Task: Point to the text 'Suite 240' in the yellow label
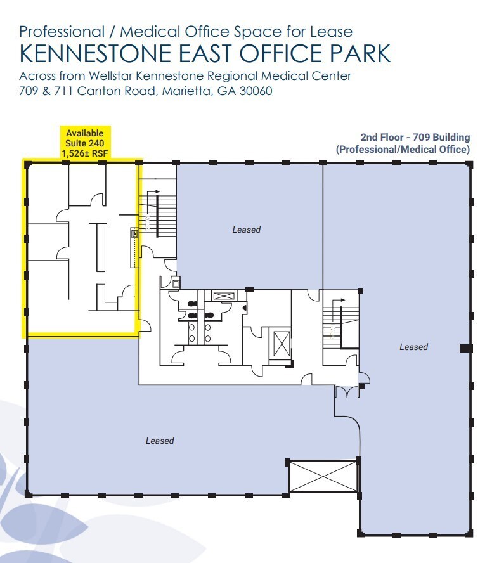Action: click(x=85, y=143)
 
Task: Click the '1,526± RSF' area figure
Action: click(x=85, y=152)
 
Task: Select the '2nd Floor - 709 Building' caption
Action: click(x=415, y=137)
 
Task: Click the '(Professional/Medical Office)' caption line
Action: click(x=403, y=150)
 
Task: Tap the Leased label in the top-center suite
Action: click(x=246, y=230)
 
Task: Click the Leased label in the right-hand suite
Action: click(x=413, y=347)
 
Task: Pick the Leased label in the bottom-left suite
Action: click(x=159, y=441)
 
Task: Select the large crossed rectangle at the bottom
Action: click(x=323, y=476)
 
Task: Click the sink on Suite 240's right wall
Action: click(x=134, y=234)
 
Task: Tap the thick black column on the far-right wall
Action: click(x=465, y=347)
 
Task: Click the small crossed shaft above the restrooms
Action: click(x=223, y=295)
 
